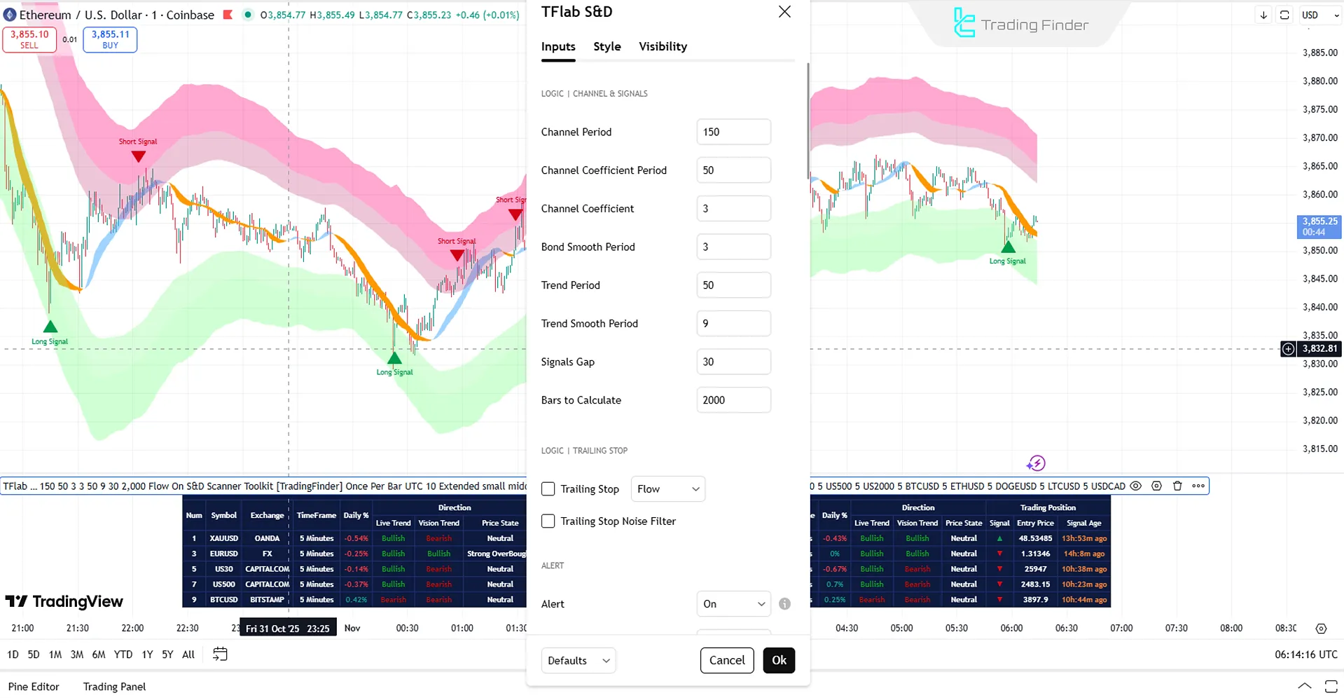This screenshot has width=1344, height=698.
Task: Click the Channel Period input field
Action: tap(733, 132)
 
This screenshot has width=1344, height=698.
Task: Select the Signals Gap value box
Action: tap(733, 362)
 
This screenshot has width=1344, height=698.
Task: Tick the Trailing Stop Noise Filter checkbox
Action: tap(548, 521)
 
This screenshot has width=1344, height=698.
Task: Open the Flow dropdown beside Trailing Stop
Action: tap(667, 489)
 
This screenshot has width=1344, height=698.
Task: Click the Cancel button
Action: tap(726, 660)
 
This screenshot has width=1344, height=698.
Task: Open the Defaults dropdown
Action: tap(578, 660)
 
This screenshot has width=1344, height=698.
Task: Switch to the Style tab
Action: tap(607, 46)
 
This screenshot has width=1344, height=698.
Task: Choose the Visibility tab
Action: tap(663, 46)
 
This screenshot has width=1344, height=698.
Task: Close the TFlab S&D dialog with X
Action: tap(784, 12)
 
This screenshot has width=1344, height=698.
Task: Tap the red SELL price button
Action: tap(29, 39)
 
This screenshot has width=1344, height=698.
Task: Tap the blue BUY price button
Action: tap(110, 39)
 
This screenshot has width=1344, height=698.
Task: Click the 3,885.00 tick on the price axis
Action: tap(1319, 53)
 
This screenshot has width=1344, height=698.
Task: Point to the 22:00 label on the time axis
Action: tap(132, 628)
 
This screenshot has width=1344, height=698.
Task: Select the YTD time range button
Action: tap(123, 655)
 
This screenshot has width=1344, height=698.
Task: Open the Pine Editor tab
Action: tap(34, 687)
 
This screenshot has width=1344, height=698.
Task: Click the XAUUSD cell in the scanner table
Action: tap(224, 538)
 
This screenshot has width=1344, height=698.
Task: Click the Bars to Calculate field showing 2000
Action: tap(733, 400)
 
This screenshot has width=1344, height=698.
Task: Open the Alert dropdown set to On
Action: tap(733, 604)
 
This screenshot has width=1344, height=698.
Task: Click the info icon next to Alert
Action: tap(784, 604)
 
